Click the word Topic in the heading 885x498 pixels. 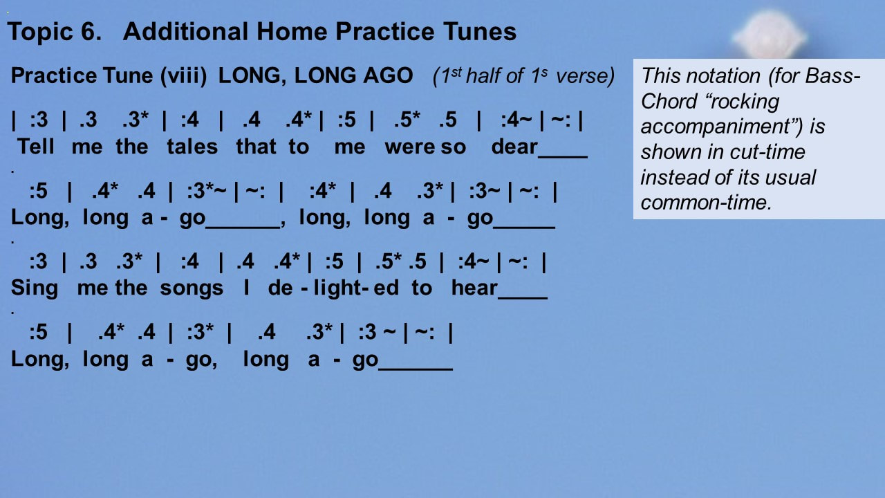[x=40, y=33]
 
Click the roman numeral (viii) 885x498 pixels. [x=183, y=76]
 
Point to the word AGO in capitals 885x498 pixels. [x=388, y=75]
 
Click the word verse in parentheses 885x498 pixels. [x=585, y=76]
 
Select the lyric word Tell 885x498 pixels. [x=35, y=147]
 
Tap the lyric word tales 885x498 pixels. [x=192, y=147]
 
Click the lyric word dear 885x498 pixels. [x=514, y=147]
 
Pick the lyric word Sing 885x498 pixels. [x=35, y=288]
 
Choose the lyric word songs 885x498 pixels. [x=192, y=288]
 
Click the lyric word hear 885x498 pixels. [x=474, y=288]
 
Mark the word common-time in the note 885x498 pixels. [x=706, y=203]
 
